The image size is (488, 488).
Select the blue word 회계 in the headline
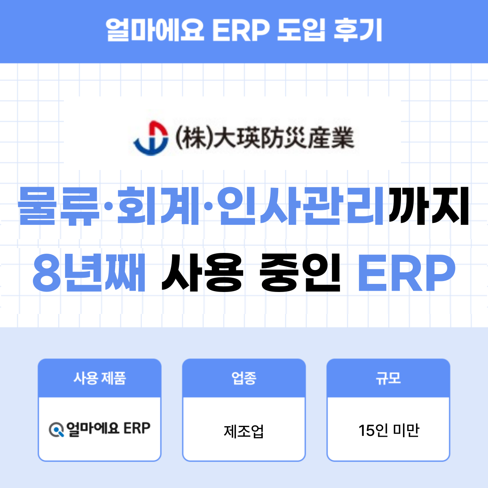[x=159, y=206]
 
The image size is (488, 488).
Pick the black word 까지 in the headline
[x=429, y=206]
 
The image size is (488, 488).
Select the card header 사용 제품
[x=100, y=378]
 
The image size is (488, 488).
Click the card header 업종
[x=244, y=378]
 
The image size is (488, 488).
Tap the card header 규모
[x=388, y=378]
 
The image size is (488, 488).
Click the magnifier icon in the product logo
[x=56, y=429]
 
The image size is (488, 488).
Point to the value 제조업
[x=244, y=430]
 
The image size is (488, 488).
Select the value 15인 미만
[x=388, y=430]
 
